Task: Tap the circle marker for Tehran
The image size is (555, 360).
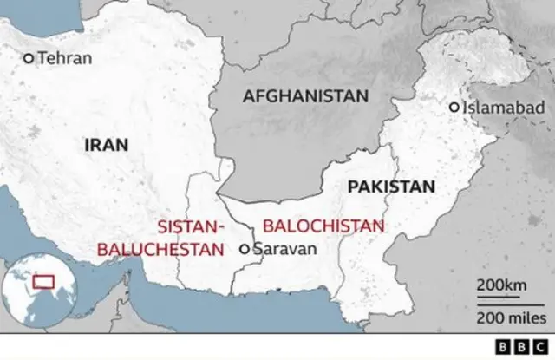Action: click(x=29, y=58)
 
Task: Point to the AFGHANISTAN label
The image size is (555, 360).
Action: click(x=305, y=96)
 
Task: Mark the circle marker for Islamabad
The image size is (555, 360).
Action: click(x=454, y=108)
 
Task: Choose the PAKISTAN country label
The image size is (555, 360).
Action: click(x=389, y=187)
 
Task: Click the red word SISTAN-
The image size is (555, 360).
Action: click(x=191, y=227)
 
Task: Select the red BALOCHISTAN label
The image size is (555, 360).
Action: click(x=323, y=226)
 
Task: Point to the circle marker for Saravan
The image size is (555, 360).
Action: click(x=245, y=249)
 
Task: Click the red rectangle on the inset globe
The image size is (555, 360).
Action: click(x=41, y=282)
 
